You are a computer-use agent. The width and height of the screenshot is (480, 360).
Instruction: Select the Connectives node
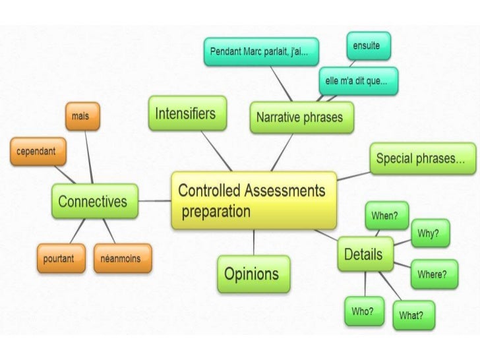point(95,201)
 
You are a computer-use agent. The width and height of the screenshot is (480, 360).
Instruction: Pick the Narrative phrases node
point(299,118)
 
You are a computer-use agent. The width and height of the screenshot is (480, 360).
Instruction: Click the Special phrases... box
point(421,158)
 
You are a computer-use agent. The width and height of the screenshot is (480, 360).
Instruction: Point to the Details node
point(365,254)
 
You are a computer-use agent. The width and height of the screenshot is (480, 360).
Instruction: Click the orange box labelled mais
point(82,117)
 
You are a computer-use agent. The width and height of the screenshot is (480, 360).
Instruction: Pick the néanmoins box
point(122,258)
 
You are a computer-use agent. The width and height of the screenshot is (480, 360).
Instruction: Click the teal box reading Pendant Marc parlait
point(264,51)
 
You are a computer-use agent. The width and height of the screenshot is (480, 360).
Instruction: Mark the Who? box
point(363,311)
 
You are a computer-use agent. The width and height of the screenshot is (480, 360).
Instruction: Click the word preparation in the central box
point(216,212)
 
